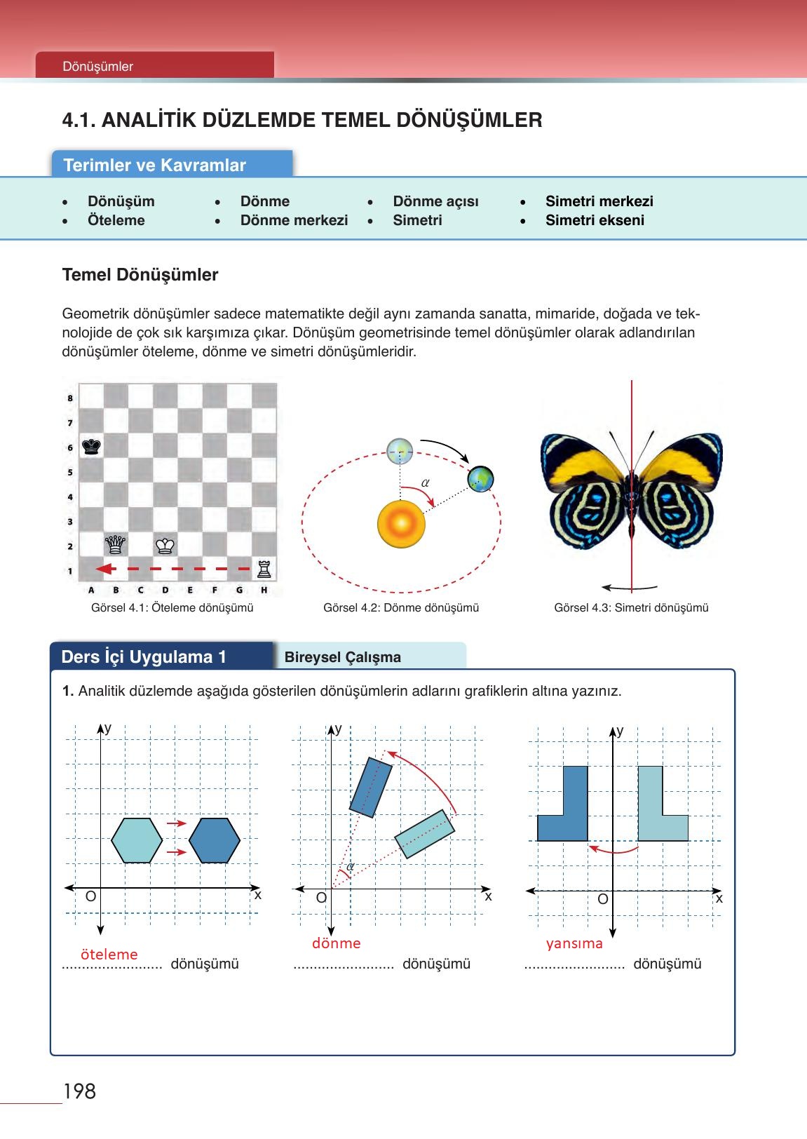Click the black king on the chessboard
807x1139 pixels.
coord(91,446)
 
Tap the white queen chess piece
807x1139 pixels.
coord(116,544)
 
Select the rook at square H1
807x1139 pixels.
coord(264,568)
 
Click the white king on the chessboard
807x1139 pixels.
coord(165,545)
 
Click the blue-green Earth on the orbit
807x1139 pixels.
coord(481,479)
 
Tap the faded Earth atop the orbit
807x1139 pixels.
coord(400,450)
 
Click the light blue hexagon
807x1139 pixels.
coord(137,840)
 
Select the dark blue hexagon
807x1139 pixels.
coord(215,840)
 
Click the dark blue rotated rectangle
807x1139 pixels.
coord(369,787)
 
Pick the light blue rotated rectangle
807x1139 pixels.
coord(426,834)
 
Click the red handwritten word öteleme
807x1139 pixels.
coord(109,954)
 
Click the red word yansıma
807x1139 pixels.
coord(574,943)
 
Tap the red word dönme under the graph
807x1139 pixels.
coord(337,943)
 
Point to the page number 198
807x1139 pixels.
coord(79,1091)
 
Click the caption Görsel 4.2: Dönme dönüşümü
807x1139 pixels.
coord(401,608)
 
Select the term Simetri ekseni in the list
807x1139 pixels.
coord(595,220)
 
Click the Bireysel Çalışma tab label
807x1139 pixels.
coord(343,657)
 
